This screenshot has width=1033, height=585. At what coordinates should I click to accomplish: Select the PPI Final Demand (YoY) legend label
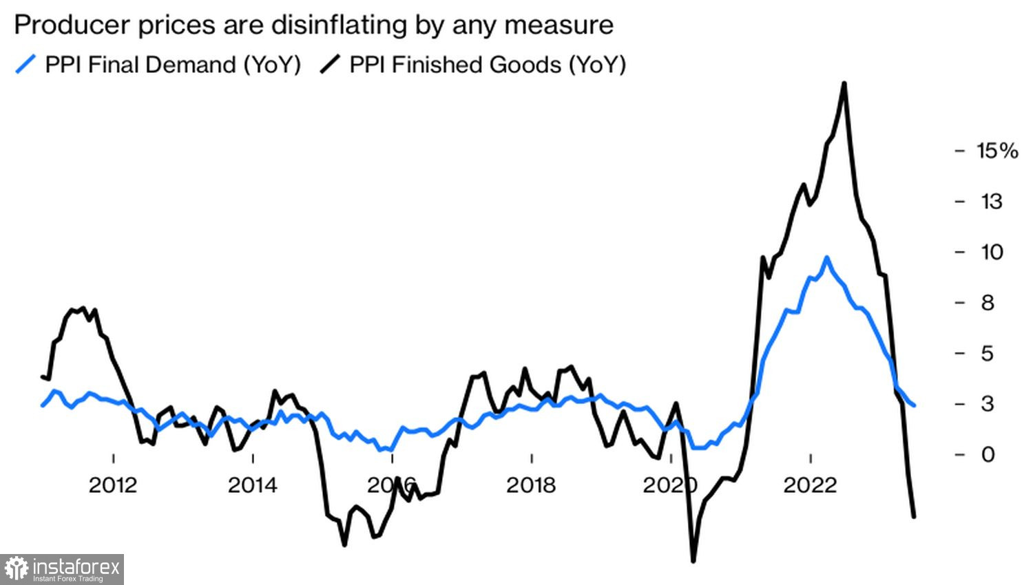pyautogui.click(x=173, y=65)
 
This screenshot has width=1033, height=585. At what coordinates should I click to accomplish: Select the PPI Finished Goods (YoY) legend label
pyautogui.click(x=488, y=65)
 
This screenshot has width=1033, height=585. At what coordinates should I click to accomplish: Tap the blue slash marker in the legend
pyautogui.click(x=25, y=65)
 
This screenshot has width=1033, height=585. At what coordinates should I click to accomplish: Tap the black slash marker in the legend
pyautogui.click(x=331, y=65)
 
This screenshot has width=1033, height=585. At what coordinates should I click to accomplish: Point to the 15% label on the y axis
pyautogui.click(x=997, y=151)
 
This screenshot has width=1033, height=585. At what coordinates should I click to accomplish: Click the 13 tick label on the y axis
pyautogui.click(x=991, y=202)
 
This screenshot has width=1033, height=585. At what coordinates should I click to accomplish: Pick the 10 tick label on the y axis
pyautogui.click(x=992, y=252)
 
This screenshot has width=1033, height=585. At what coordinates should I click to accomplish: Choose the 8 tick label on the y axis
pyautogui.click(x=988, y=303)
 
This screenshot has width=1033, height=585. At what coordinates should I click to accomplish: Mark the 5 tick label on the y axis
pyautogui.click(x=988, y=353)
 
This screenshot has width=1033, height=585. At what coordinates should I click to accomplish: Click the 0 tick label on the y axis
pyautogui.click(x=988, y=454)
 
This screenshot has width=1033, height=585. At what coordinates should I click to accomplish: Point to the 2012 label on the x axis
pyautogui.click(x=113, y=485)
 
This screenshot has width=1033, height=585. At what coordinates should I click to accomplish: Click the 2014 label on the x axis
pyautogui.click(x=253, y=485)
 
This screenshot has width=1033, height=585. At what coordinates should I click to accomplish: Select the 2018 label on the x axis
pyautogui.click(x=531, y=485)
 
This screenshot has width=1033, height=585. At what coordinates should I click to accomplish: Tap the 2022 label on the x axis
pyautogui.click(x=810, y=485)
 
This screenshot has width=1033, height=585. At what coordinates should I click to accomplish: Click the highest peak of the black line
pyautogui.click(x=844, y=83)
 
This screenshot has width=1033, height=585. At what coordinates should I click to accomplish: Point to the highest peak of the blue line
pyautogui.click(x=826, y=258)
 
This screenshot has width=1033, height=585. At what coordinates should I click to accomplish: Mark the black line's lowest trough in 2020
pyautogui.click(x=693, y=561)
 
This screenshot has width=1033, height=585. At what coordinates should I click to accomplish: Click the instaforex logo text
pyautogui.click(x=76, y=568)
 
